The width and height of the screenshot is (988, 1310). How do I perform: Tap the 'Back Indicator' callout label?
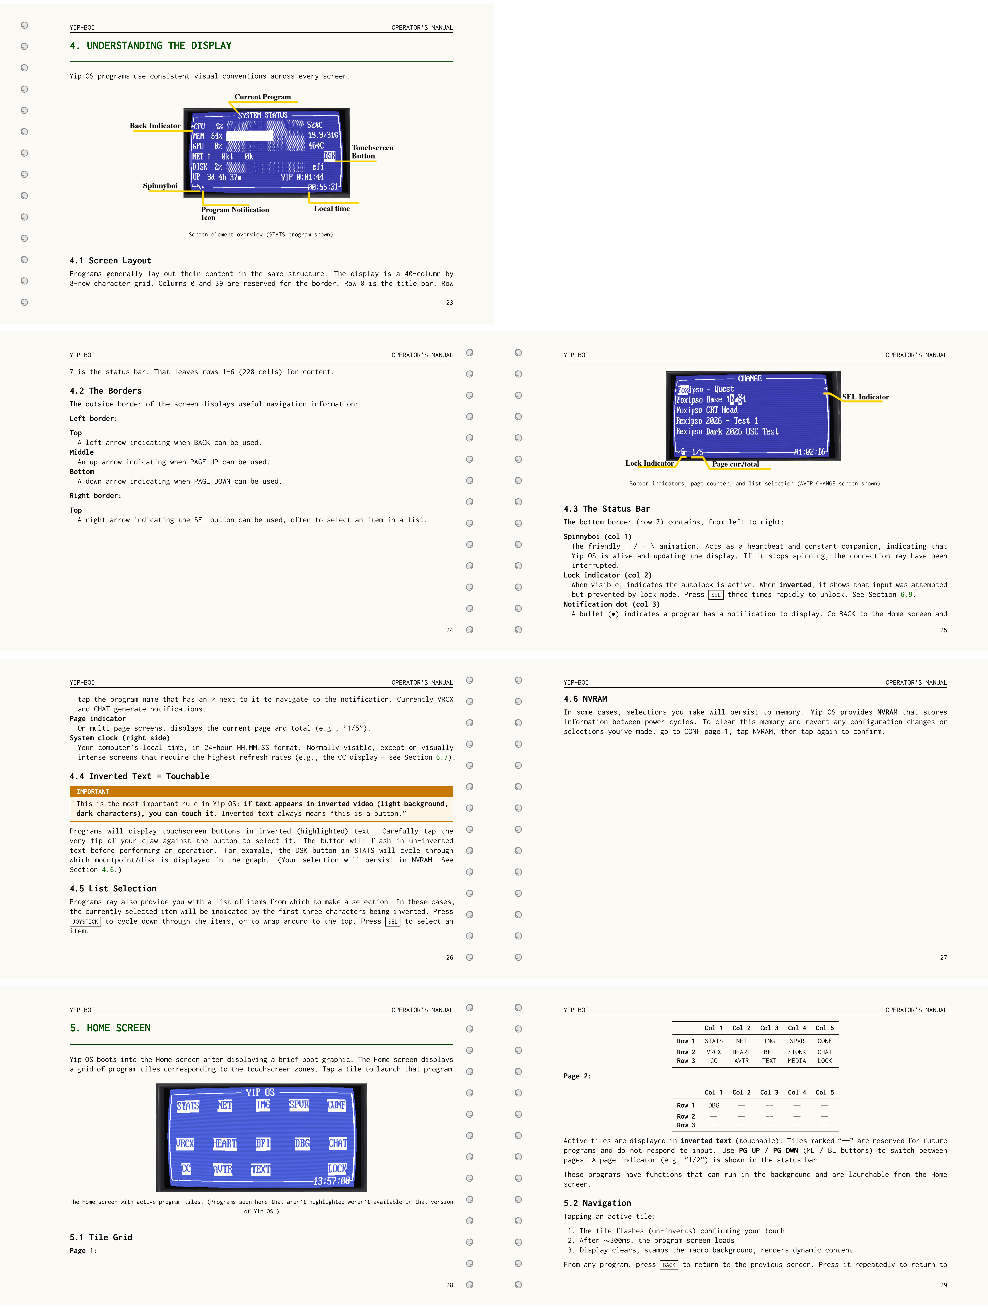[155, 126]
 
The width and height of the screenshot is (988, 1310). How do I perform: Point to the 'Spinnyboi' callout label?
[160, 185]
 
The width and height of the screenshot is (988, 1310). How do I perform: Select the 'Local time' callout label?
[331, 209]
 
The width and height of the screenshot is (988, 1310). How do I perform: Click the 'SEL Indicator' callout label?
[865, 397]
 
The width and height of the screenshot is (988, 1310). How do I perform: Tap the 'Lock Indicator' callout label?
[649, 463]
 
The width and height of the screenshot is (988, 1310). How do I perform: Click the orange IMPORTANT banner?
[261, 791]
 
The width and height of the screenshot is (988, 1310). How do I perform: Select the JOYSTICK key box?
[85, 921]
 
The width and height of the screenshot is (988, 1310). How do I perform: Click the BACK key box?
[669, 1265]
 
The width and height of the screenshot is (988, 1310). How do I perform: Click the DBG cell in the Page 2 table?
[714, 1105]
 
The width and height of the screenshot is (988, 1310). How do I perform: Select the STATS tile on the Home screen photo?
[188, 1106]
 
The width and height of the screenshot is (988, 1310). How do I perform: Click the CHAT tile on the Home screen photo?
[338, 1143]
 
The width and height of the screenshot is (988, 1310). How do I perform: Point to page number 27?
[943, 958]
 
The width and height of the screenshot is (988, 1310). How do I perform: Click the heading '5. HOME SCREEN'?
[110, 1028]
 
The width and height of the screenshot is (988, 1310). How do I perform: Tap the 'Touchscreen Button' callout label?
[372, 152]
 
